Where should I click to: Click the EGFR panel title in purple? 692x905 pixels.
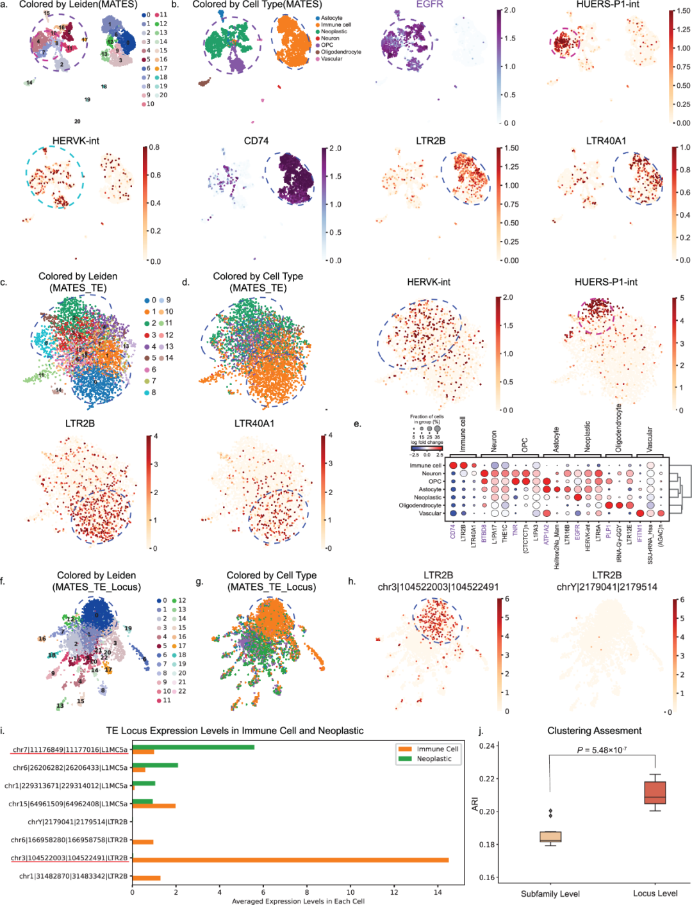430,4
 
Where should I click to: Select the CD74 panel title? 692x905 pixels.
256,141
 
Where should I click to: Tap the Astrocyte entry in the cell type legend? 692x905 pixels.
331,18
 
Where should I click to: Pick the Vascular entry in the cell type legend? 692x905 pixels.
331,59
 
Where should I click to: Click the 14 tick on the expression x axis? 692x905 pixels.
438,892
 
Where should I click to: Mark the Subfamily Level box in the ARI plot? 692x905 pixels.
550,836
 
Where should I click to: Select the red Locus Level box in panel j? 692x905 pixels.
655,792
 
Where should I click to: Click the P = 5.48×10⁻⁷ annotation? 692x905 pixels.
602,750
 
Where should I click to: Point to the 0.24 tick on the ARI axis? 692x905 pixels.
487,746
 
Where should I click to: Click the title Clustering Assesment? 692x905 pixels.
594,731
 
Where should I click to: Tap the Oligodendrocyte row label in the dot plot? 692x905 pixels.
420,505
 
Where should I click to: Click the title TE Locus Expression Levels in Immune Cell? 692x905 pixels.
235,731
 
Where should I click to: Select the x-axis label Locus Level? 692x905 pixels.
655,893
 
